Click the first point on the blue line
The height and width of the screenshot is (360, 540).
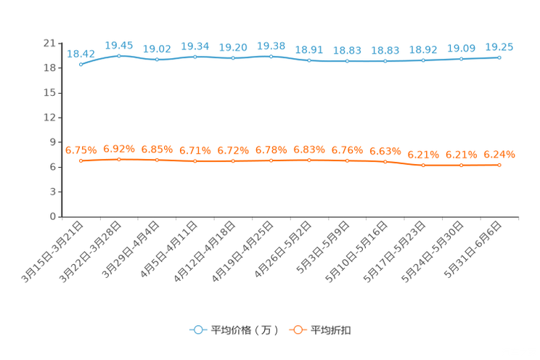tap(81, 64)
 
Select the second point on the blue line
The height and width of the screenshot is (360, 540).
tap(119, 55)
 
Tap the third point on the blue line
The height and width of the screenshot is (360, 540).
tap(157, 59)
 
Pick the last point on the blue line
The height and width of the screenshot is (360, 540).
tap(499, 57)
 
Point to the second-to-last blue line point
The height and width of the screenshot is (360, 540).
tap(461, 59)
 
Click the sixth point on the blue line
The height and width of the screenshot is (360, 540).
tap(271, 56)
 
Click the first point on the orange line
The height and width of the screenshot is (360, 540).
tap(81, 160)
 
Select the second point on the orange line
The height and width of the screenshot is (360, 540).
tap(119, 159)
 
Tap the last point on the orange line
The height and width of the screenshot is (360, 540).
tap(499, 165)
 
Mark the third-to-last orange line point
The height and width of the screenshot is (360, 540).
tap(423, 165)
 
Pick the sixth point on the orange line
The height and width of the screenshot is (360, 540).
tap(271, 160)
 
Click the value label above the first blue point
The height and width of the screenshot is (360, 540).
tap(81, 53)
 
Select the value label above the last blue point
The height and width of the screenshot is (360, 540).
tap(499, 46)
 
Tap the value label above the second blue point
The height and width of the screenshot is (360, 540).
tap(119, 45)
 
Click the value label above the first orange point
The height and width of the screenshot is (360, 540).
tap(81, 150)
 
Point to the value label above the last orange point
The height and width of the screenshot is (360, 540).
tap(499, 154)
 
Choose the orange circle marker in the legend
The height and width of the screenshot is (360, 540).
tap(298, 330)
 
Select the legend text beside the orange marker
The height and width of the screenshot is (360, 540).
tap(332, 330)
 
